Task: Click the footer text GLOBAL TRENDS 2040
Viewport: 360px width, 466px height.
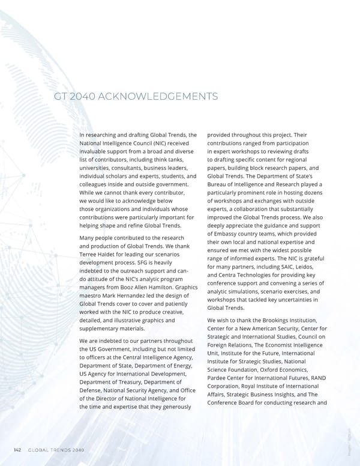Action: point(56,450)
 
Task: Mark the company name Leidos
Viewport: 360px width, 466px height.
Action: point(312,266)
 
